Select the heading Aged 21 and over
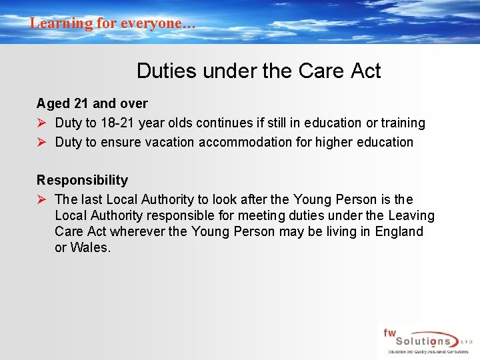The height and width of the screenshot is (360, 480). pos(92,103)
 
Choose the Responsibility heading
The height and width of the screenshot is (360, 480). pos(82,180)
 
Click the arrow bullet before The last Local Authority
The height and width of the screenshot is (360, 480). pos(41,199)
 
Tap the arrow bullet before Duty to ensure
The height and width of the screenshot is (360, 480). pos(41,142)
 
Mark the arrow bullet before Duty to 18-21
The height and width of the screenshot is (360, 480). pos(41,123)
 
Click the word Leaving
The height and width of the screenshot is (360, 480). pos(411,215)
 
